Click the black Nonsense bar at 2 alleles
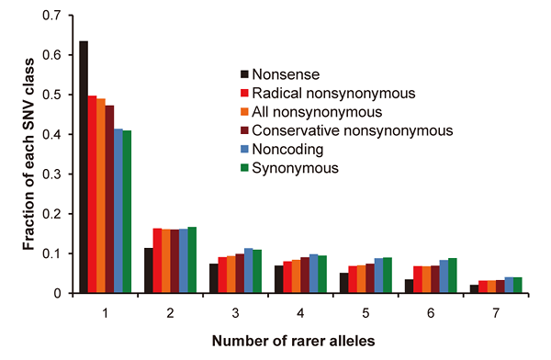[149, 271]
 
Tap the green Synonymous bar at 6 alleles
[453, 276]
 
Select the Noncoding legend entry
[287, 149]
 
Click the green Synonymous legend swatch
[244, 168]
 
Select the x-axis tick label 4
[299, 312]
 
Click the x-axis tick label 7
[496, 312]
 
